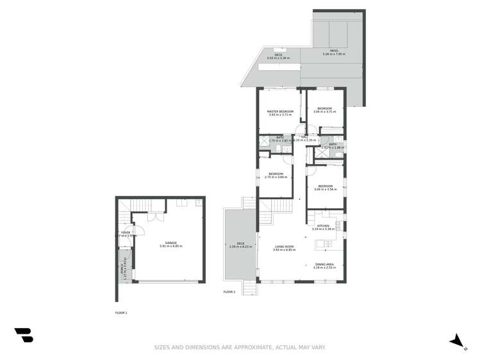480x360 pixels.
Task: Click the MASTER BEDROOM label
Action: tap(280, 111)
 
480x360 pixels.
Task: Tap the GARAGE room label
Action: tap(171, 243)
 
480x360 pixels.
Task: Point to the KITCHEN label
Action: tap(322, 225)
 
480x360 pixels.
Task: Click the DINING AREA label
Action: tap(324, 265)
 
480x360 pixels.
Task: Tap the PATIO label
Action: tap(334, 51)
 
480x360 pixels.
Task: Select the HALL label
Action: tap(306, 136)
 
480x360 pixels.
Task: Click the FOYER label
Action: tap(126, 233)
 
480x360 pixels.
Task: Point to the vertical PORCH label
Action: tap(122, 272)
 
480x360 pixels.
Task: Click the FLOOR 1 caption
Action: tap(121, 313)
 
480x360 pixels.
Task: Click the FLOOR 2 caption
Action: tap(229, 291)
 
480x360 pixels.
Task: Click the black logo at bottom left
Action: tap(24, 335)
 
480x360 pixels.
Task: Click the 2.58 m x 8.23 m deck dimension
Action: tap(240, 247)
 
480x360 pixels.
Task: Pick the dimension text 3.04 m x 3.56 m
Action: tap(325, 190)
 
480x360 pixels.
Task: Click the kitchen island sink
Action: tap(327, 243)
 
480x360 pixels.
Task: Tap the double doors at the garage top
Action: tap(151, 217)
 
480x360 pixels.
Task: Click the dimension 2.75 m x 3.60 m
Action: tap(276, 177)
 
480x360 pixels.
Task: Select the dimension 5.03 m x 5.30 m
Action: tap(278, 58)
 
